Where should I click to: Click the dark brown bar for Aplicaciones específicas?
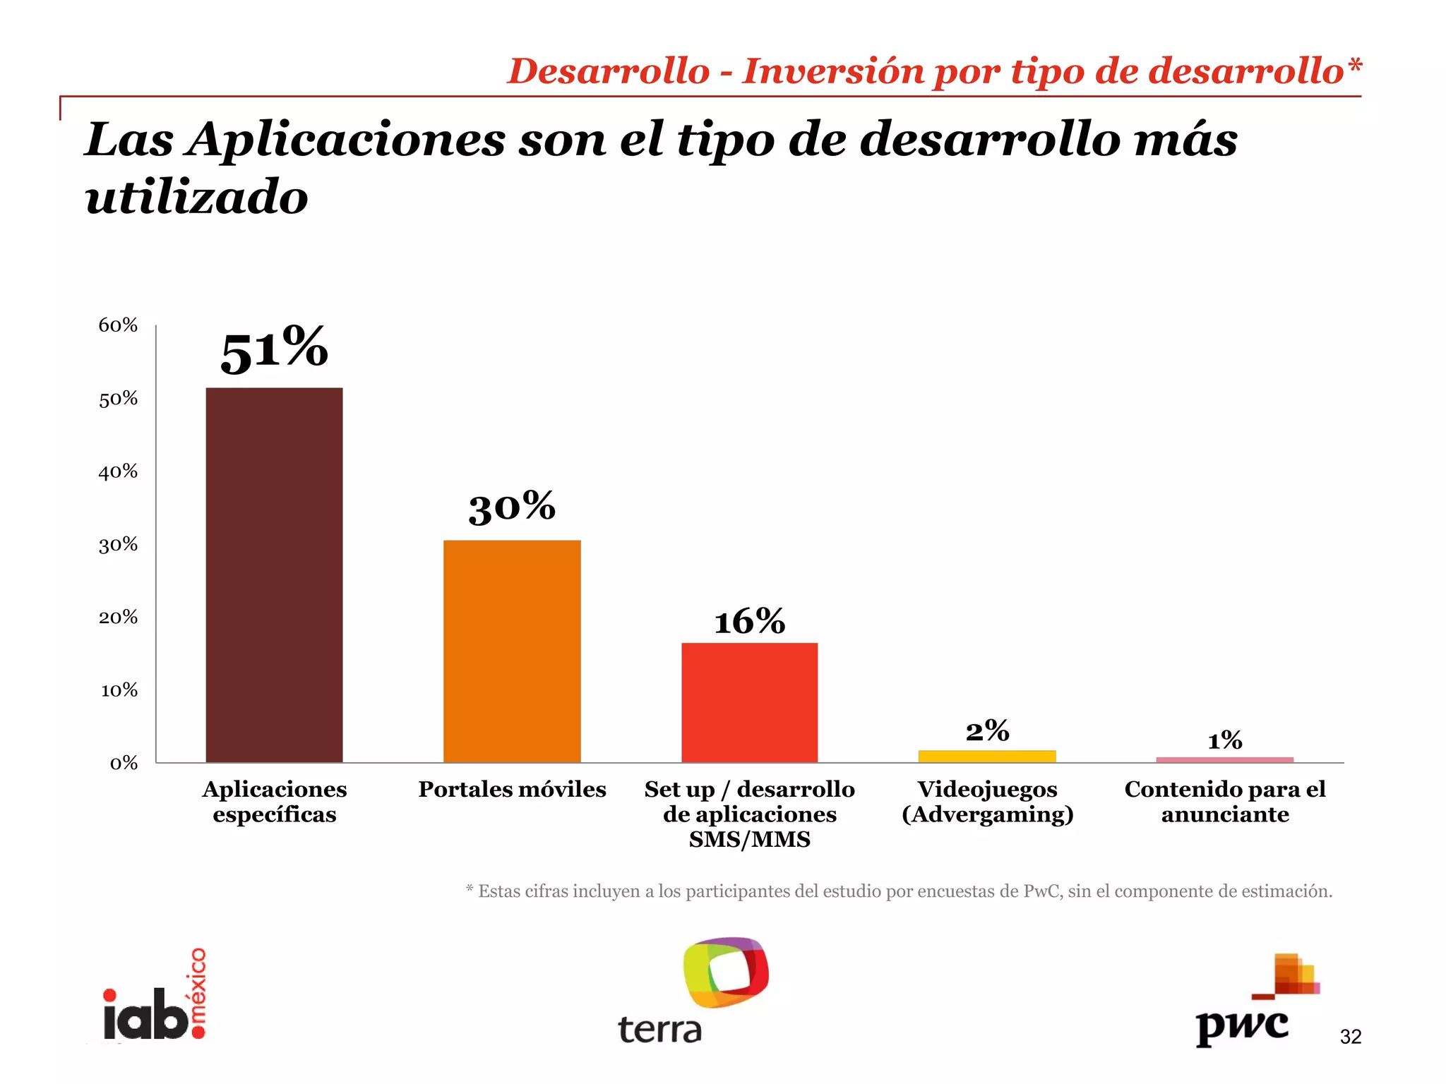(x=274, y=574)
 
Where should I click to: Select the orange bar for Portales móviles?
(x=512, y=651)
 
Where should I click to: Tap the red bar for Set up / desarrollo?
(x=749, y=702)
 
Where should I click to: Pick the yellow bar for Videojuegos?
(x=987, y=756)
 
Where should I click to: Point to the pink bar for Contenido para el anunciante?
(x=1224, y=759)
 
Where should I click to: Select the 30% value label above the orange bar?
(x=512, y=507)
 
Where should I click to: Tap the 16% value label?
(x=749, y=622)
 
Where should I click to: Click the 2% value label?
(x=987, y=731)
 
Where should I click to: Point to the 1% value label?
(x=1224, y=740)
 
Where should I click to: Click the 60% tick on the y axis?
(x=118, y=325)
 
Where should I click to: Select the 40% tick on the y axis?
(x=118, y=471)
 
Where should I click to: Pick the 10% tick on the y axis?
(x=119, y=690)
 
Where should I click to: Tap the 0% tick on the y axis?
(x=124, y=763)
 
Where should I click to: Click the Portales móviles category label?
(x=512, y=789)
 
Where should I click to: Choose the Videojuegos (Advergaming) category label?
(x=987, y=802)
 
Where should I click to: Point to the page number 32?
(x=1350, y=1037)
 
